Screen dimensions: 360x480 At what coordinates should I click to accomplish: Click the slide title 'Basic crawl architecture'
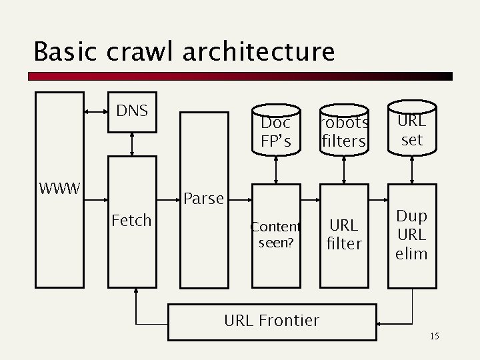(183, 51)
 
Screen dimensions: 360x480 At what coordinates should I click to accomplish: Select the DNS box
(132, 111)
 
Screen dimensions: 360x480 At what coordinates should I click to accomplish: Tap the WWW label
(60, 189)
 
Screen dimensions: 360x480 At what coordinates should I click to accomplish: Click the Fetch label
(132, 220)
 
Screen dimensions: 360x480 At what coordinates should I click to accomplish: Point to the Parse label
(203, 198)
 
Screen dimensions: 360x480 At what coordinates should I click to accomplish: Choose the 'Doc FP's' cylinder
(276, 132)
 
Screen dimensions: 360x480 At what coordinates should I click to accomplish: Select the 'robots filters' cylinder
(343, 132)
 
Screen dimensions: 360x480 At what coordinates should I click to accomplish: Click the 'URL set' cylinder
(412, 130)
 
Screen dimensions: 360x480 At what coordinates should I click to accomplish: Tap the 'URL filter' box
(344, 235)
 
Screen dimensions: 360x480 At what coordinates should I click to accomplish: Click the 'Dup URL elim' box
(412, 235)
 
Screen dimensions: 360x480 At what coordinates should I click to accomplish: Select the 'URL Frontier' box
(272, 321)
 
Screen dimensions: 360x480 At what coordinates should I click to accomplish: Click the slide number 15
(434, 336)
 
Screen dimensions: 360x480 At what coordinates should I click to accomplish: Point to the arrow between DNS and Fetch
(132, 143)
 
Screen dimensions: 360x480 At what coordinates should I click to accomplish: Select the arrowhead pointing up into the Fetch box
(135, 292)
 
